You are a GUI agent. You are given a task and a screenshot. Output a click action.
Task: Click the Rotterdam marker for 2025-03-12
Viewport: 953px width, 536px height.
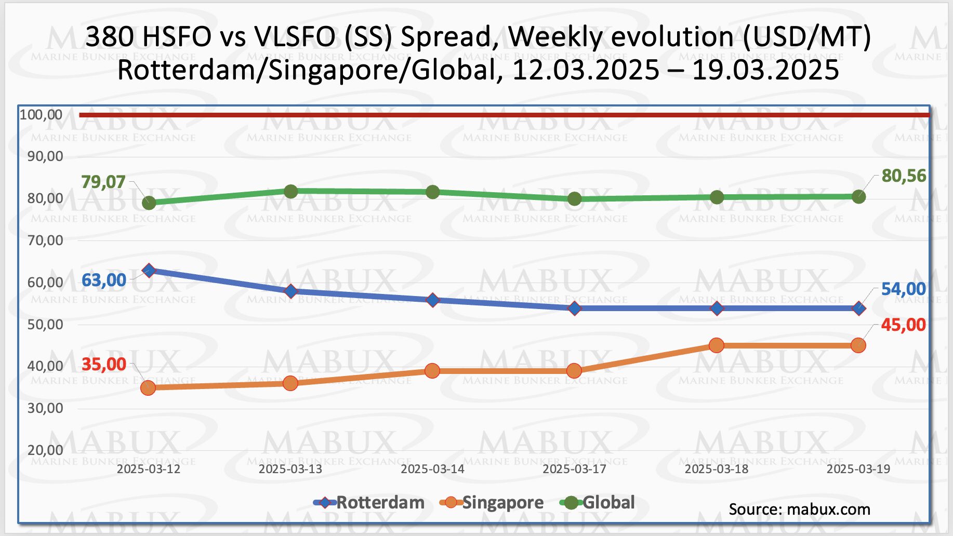tap(149, 271)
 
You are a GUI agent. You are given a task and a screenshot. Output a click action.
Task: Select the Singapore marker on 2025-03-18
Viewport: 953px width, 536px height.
tap(717, 345)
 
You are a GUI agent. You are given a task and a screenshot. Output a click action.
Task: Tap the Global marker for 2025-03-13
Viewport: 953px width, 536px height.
tap(291, 192)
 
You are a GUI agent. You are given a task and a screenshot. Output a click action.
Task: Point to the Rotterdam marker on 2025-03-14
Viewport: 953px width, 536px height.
tap(433, 300)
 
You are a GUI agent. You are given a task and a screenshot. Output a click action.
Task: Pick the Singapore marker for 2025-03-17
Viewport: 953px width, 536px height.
tap(574, 371)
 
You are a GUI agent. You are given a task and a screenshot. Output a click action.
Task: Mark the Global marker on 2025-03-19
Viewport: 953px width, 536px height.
tap(858, 197)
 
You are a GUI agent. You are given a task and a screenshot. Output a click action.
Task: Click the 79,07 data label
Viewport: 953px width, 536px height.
tap(103, 182)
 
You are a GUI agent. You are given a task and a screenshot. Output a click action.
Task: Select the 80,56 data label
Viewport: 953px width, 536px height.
tap(904, 176)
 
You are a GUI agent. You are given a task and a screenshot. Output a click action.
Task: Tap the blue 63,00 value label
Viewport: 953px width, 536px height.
tap(103, 280)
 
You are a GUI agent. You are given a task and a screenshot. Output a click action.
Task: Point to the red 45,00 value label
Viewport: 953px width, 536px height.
tap(903, 325)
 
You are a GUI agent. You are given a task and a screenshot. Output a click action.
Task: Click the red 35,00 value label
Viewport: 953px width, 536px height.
tap(103, 365)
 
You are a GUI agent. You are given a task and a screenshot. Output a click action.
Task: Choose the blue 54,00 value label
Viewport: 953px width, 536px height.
tap(903, 289)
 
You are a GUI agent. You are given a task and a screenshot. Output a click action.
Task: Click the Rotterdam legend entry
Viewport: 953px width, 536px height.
tap(369, 503)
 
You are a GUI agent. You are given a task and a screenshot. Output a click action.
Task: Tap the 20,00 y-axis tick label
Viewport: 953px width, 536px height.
tap(45, 450)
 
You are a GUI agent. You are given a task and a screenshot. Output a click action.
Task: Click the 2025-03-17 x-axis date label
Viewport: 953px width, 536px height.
tap(574, 469)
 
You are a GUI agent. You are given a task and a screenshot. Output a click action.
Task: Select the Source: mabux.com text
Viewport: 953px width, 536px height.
tap(799, 510)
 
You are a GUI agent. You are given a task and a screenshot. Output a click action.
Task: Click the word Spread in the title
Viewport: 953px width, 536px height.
tap(445, 37)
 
